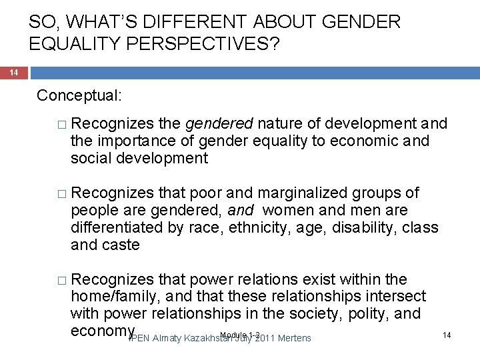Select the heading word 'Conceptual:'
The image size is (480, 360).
(x=79, y=95)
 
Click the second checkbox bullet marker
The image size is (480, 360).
(x=63, y=194)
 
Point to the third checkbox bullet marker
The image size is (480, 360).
(x=63, y=279)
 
